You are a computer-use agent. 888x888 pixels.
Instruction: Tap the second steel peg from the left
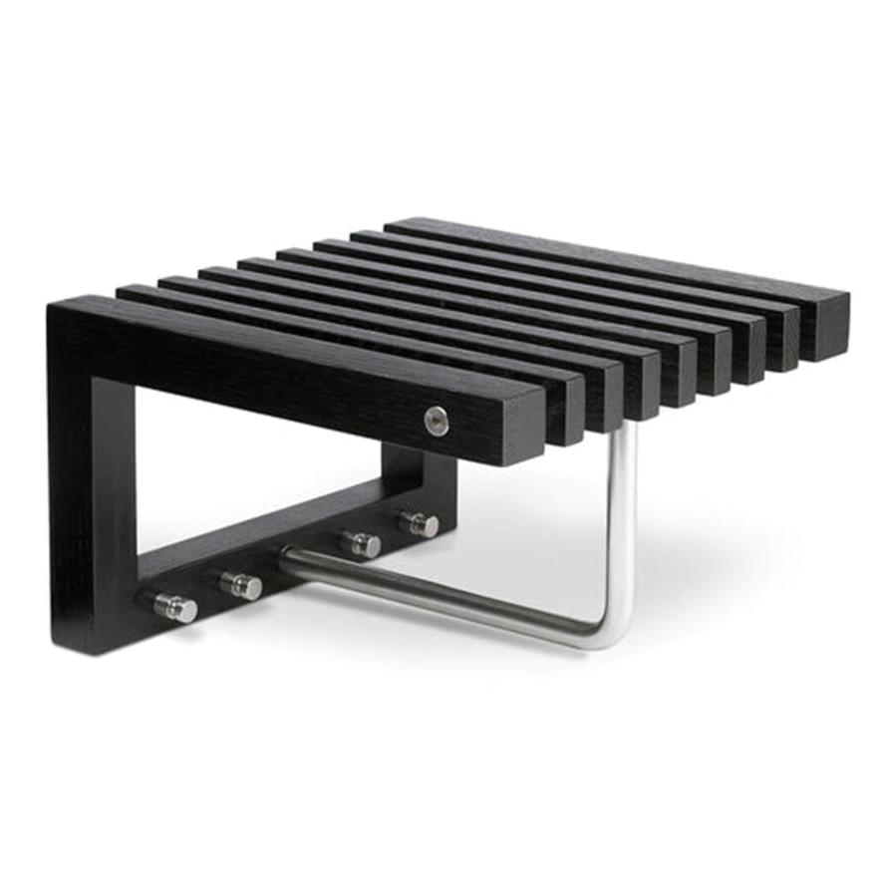(x=241, y=585)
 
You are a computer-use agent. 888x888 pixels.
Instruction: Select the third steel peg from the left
(x=361, y=544)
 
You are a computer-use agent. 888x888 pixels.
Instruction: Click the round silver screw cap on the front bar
(x=436, y=421)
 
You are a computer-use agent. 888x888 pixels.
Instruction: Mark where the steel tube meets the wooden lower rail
(x=289, y=559)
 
